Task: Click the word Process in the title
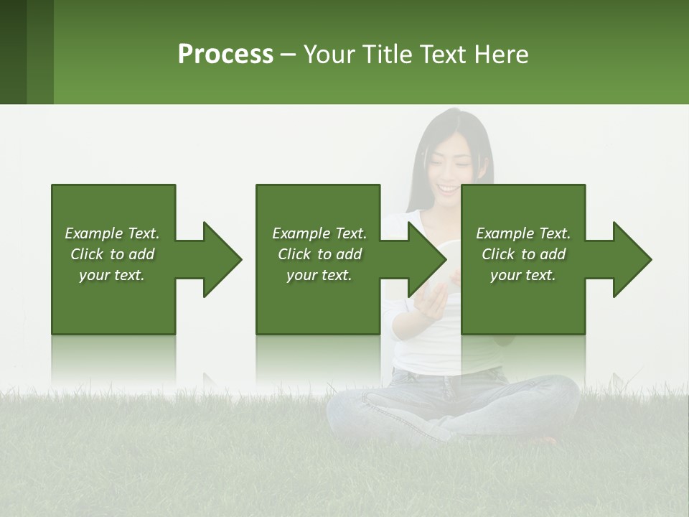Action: [225, 55]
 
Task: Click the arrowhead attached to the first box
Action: [219, 259]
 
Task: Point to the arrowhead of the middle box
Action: [424, 259]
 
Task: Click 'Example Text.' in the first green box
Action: [112, 233]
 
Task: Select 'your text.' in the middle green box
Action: [319, 275]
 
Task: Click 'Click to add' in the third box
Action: [523, 254]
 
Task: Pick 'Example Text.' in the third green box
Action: [523, 233]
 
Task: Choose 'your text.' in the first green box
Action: [112, 275]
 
